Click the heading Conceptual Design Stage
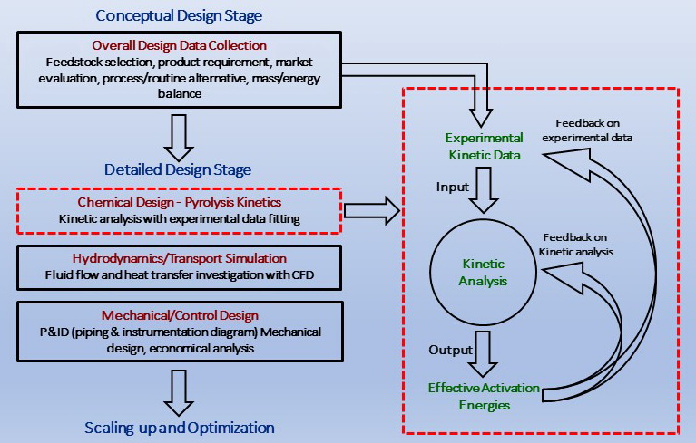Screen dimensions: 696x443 point(179,16)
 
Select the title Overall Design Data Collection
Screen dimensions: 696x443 point(180,45)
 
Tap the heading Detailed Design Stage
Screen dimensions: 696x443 point(178,169)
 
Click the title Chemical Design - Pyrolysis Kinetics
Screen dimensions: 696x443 point(180,202)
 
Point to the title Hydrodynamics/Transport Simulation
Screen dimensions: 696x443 point(180,259)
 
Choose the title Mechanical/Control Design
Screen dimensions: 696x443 point(180,315)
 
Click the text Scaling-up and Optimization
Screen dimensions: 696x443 point(180,428)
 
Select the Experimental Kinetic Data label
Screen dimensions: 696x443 point(485,147)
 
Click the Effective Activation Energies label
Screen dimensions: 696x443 point(484,397)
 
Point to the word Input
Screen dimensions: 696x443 point(452,188)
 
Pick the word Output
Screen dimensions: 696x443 point(450,350)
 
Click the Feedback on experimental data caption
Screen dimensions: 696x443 point(587,130)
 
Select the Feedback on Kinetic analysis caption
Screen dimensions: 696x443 point(576,245)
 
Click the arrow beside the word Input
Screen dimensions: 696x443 point(484,190)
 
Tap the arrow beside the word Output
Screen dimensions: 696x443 point(483,354)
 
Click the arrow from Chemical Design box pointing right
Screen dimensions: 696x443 point(372,211)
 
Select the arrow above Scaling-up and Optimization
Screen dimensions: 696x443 point(179,393)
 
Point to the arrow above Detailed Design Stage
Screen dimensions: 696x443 point(179,138)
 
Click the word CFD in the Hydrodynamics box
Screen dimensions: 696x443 point(303,275)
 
